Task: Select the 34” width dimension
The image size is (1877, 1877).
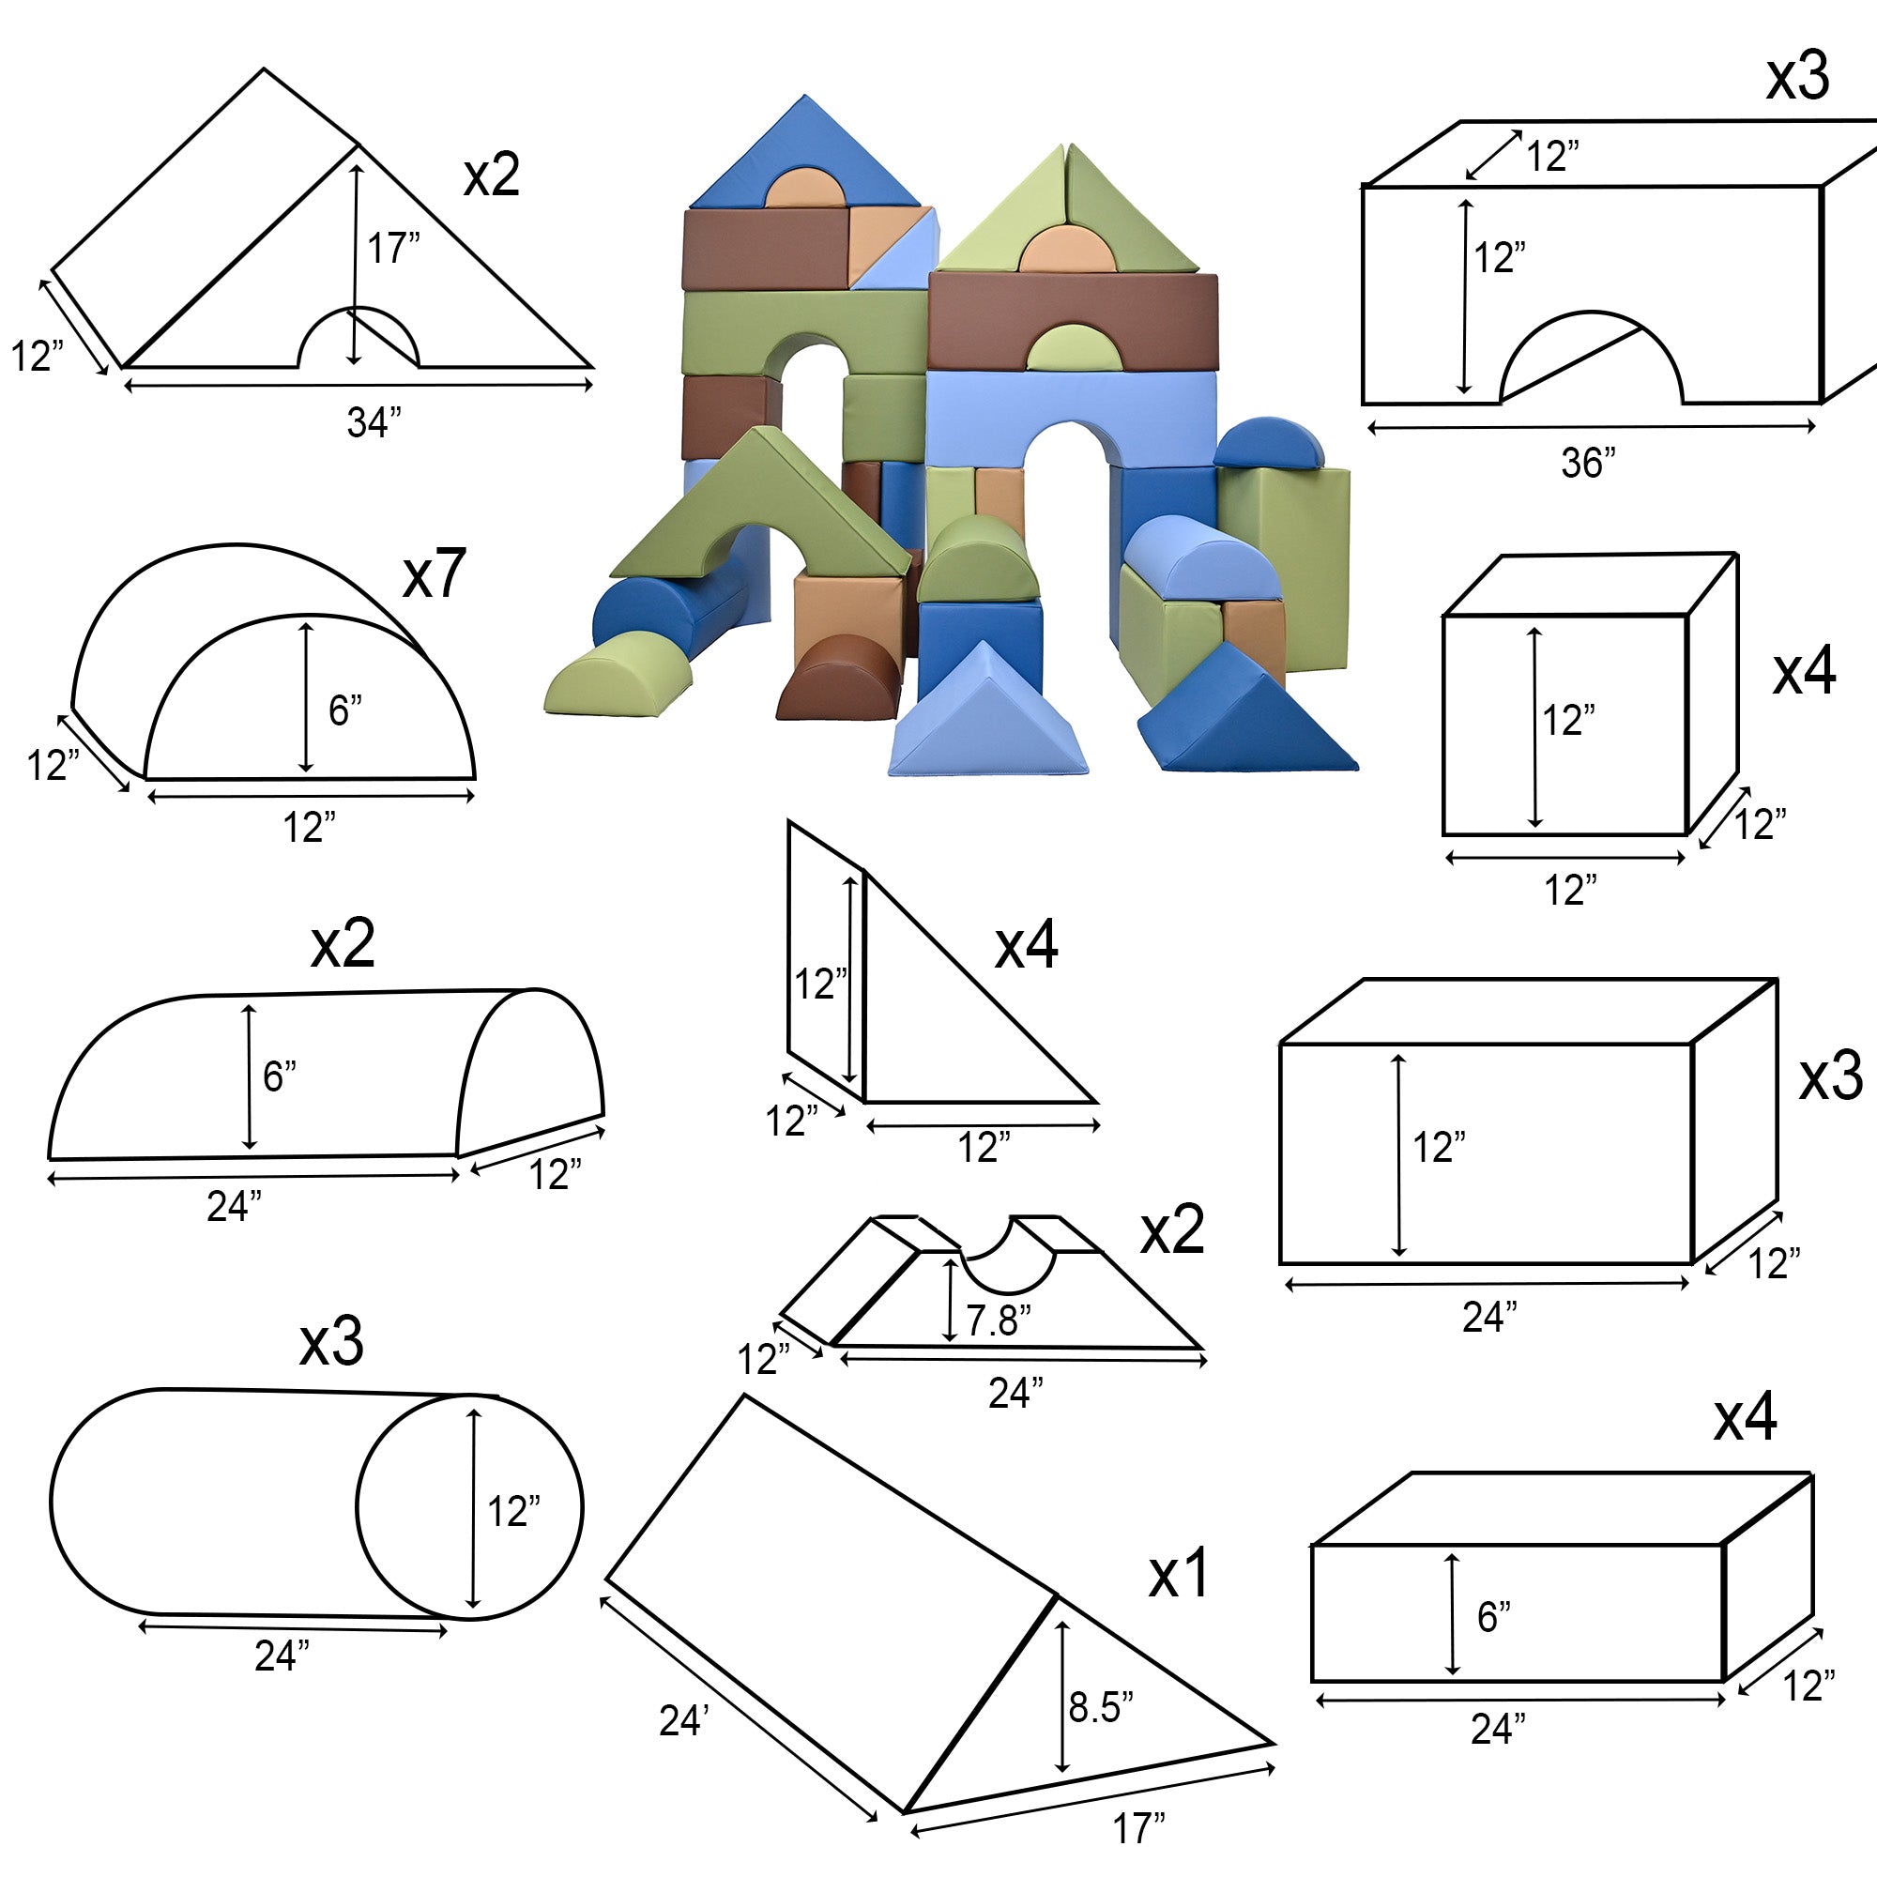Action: (x=374, y=422)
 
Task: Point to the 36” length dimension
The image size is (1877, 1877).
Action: (x=1589, y=463)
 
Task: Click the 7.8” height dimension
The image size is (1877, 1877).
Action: (x=998, y=1320)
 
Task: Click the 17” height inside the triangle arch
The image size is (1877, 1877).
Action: (x=393, y=248)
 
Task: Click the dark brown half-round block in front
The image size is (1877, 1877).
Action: (x=838, y=678)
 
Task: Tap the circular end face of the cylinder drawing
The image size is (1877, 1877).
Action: (x=469, y=1508)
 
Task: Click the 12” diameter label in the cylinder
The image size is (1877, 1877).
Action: (x=514, y=1512)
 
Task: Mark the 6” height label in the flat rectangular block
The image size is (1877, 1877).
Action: (x=1493, y=1617)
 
